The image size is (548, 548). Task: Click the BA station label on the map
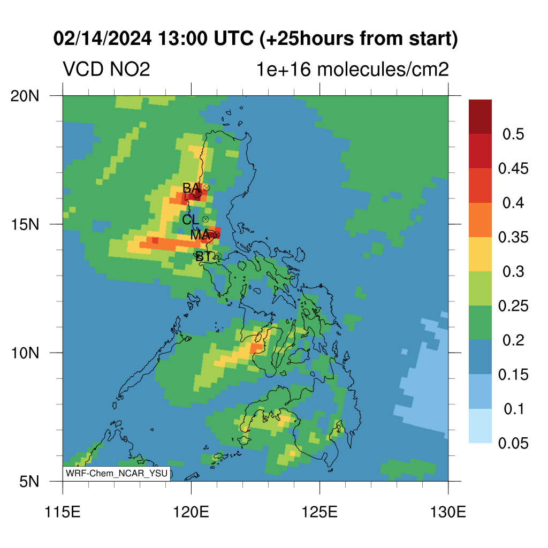point(192,188)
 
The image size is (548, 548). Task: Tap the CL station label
point(191,220)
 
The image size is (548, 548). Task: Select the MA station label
point(200,235)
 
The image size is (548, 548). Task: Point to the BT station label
point(204,257)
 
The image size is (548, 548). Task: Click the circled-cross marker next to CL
point(205,219)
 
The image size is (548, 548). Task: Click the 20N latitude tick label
point(25,96)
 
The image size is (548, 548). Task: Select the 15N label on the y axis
point(25,224)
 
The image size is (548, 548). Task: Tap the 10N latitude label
point(25,353)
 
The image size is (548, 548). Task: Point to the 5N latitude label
point(29,482)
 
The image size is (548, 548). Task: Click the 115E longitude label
point(63,512)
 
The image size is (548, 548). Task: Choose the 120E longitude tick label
point(191,512)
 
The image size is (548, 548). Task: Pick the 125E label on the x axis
point(320,512)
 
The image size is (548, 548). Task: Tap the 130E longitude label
point(448,512)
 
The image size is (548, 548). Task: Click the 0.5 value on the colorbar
point(513,134)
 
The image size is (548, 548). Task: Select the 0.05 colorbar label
point(513,443)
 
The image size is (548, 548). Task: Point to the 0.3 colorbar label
point(513,271)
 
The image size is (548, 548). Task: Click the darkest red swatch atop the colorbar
point(480,117)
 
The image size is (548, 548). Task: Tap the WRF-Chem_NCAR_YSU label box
point(116,474)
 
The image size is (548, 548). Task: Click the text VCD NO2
point(106,69)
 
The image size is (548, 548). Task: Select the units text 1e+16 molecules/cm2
point(353,69)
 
